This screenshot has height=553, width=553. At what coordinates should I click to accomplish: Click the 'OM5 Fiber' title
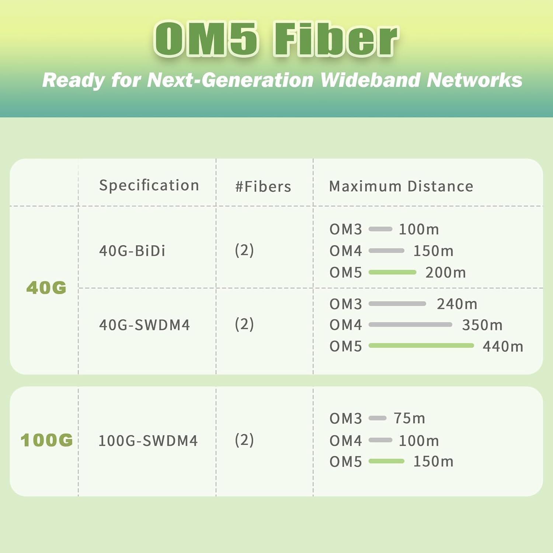click(276, 39)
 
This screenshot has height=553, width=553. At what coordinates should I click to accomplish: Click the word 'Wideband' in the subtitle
click(370, 80)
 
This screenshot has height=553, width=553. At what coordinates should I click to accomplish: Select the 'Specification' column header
click(149, 185)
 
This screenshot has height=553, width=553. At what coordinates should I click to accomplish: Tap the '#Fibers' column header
click(263, 187)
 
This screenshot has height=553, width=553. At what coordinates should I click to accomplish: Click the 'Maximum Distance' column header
click(401, 186)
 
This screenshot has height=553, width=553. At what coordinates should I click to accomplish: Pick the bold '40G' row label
click(46, 288)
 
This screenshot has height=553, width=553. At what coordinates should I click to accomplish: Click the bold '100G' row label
click(47, 440)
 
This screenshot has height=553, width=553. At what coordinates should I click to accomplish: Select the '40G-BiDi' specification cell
click(132, 251)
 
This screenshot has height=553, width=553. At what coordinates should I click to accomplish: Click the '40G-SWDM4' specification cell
click(145, 325)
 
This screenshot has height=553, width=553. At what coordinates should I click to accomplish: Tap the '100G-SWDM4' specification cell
click(148, 441)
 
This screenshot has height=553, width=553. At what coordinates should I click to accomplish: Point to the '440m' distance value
click(503, 346)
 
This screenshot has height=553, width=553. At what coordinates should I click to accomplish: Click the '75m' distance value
click(409, 418)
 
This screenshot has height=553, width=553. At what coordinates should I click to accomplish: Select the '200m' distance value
click(446, 272)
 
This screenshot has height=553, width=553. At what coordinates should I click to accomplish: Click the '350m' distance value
click(482, 325)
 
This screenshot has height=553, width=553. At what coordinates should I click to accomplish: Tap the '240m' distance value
click(457, 304)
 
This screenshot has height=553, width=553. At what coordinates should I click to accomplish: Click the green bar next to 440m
click(421, 345)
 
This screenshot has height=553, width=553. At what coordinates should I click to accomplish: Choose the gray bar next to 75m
click(377, 418)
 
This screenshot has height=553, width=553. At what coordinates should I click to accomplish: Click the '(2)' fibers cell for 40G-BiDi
click(244, 250)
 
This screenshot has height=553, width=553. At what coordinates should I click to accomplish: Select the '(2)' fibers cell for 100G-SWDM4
click(244, 440)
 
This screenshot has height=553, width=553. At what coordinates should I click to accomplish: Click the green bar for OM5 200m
click(392, 272)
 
